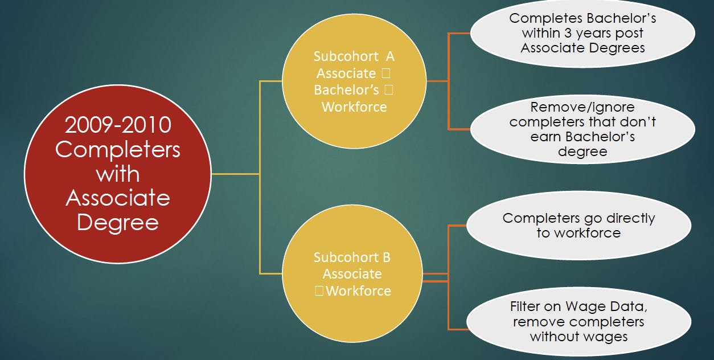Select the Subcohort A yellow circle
tap(354, 81)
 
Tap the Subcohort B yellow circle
tap(353, 274)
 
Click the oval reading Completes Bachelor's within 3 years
tap(582, 33)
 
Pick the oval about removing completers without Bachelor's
tap(582, 129)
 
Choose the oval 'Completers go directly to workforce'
tap(578, 226)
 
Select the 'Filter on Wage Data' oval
tap(578, 321)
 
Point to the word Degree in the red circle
tap(118, 222)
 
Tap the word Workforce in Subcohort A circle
tap(354, 107)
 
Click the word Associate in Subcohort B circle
tap(352, 274)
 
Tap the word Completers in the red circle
tap(118, 150)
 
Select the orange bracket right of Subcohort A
tap(449, 81)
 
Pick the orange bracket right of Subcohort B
tap(449, 277)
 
